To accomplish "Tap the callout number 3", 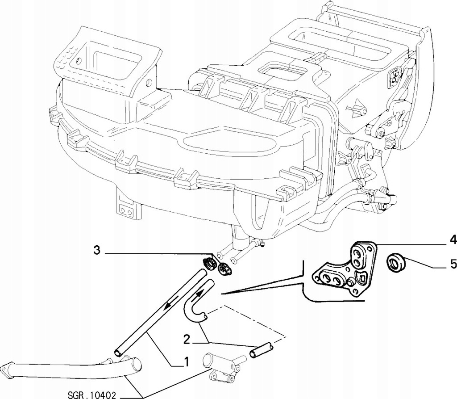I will point(97,251).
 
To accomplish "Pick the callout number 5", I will point(453,264).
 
